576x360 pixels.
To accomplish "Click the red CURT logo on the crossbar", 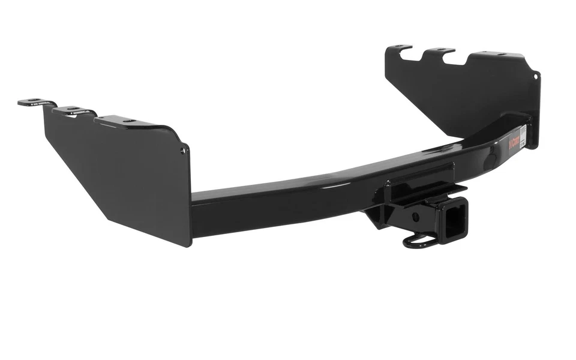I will (514, 142).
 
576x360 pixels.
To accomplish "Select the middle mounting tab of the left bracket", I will (73, 110).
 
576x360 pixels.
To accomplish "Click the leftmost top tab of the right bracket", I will (399, 47).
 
